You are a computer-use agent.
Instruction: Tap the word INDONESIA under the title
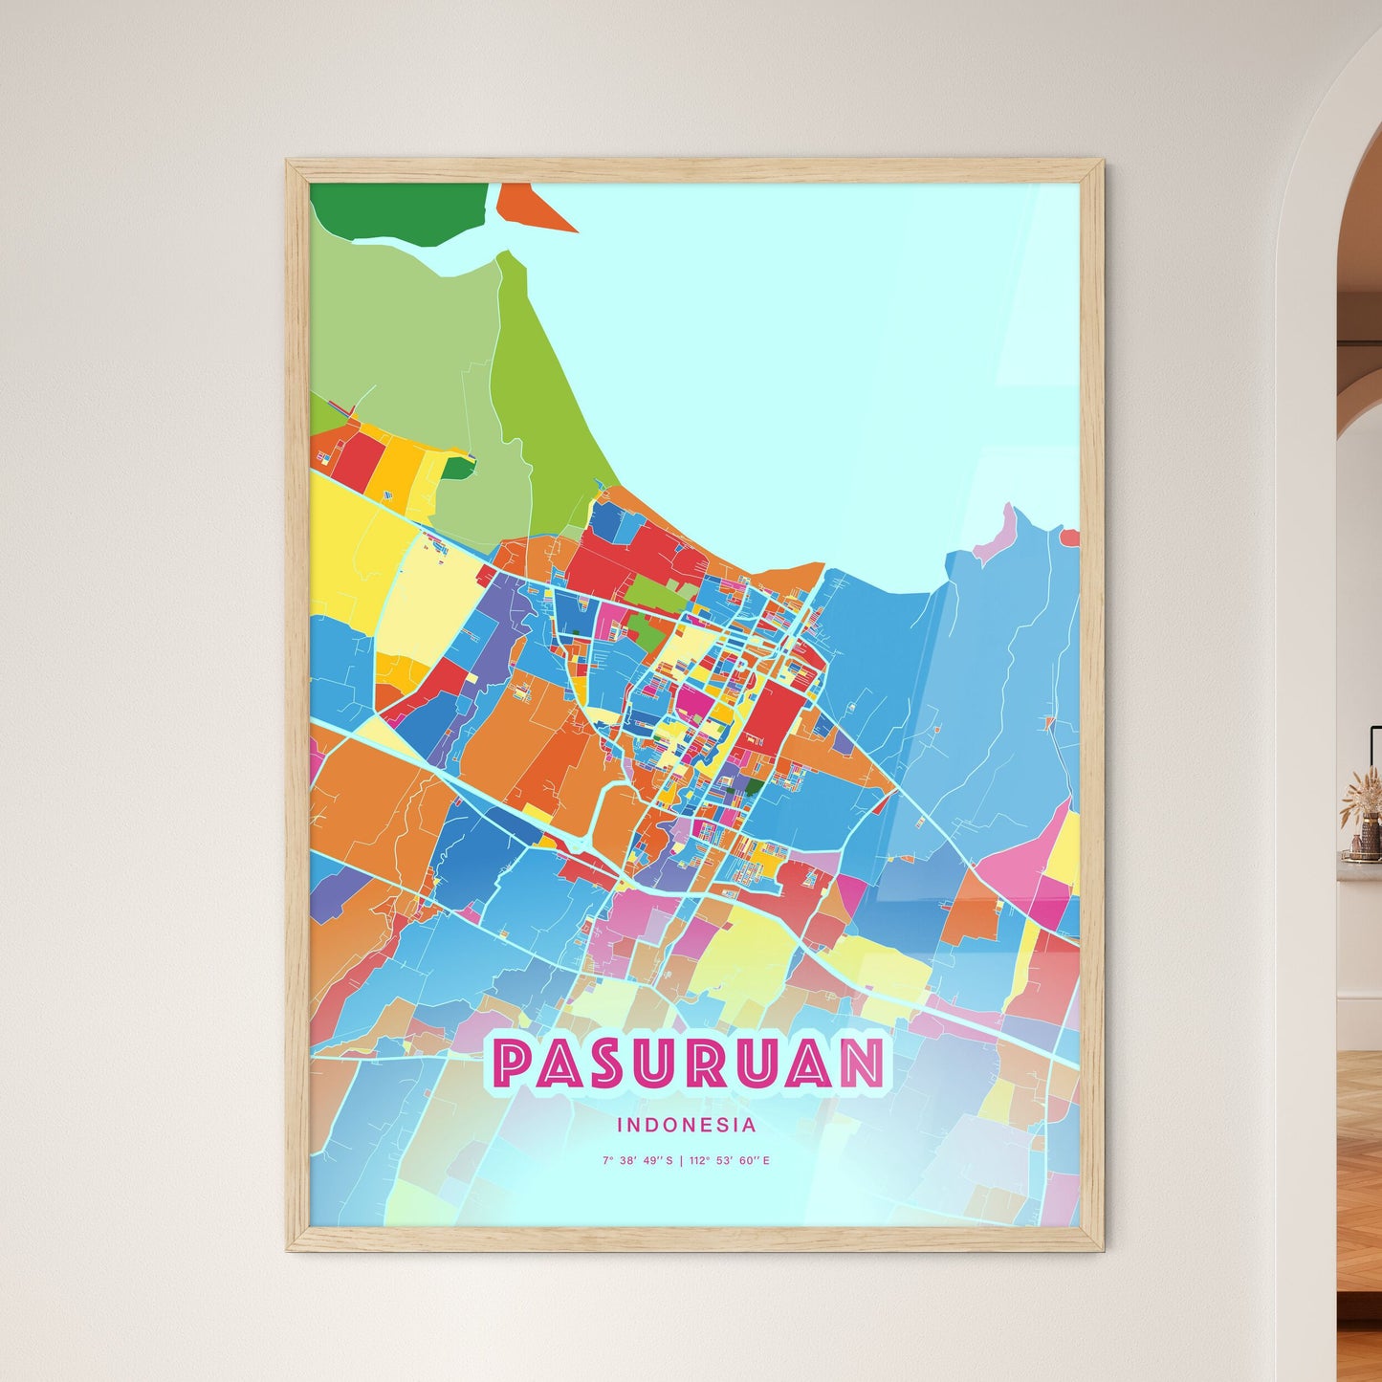(x=687, y=1125)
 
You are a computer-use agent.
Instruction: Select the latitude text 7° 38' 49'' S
(x=637, y=1161)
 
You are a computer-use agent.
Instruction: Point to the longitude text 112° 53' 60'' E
(x=729, y=1161)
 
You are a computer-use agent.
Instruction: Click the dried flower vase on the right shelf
(x=1362, y=813)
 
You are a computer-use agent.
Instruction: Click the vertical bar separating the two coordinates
(x=680, y=1161)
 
